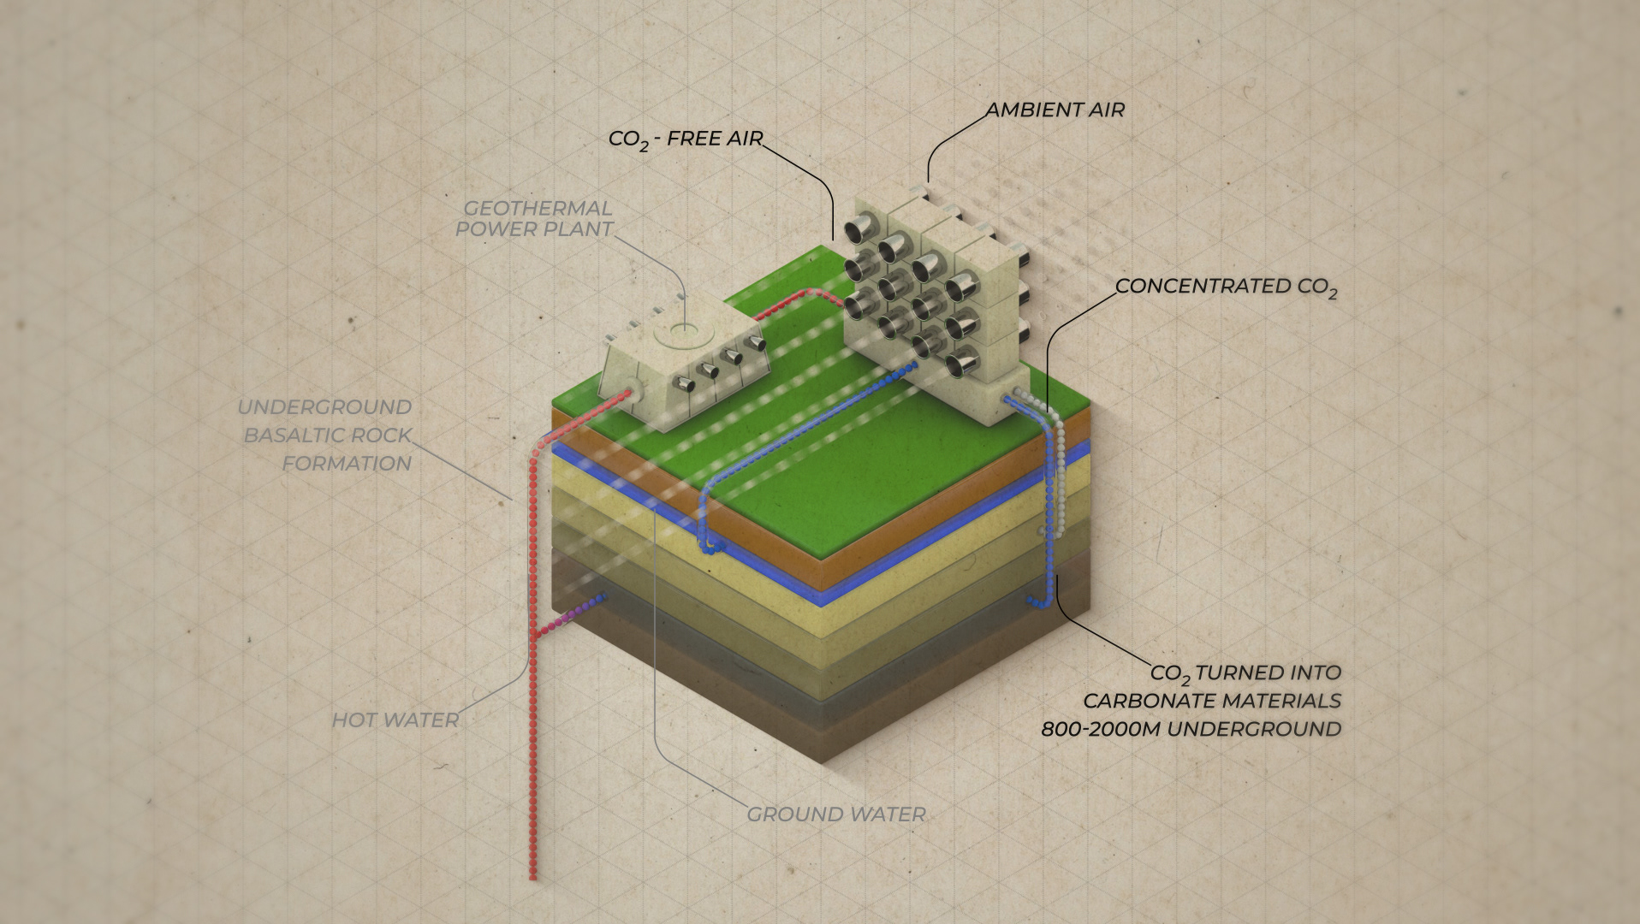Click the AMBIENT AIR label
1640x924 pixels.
point(1055,110)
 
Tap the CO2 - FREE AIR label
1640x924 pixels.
point(685,139)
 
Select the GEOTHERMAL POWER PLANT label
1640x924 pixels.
point(534,218)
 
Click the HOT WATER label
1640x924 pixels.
point(395,720)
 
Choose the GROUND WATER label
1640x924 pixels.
point(836,814)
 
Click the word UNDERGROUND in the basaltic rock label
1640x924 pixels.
point(324,407)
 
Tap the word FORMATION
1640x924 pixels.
point(347,464)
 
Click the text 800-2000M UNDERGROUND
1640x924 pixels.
point(1191,729)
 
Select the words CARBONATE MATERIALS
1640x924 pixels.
point(1211,701)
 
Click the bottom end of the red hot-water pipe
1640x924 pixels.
point(532,875)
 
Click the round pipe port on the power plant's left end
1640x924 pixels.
point(630,394)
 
